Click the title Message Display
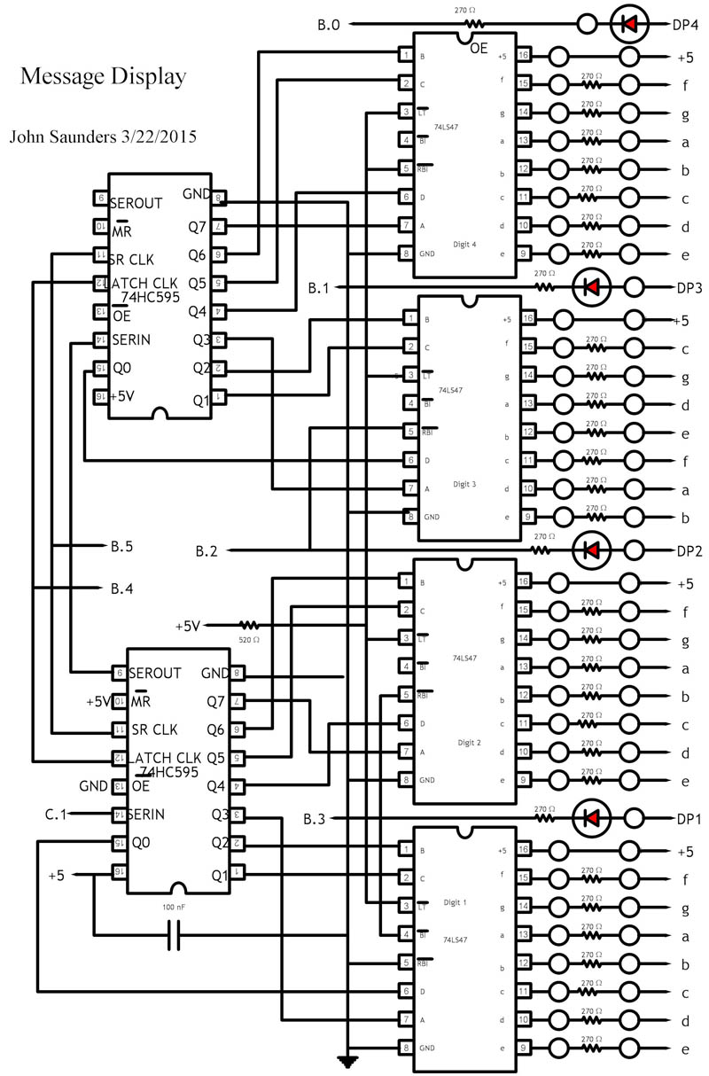pos(103,78)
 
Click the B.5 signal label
pos(121,547)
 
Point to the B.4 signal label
pos(121,588)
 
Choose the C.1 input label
pos(56,813)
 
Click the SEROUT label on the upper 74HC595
pos(136,203)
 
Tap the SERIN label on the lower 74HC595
pos(149,815)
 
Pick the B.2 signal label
pos(206,551)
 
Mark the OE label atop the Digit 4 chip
pos(479,50)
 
